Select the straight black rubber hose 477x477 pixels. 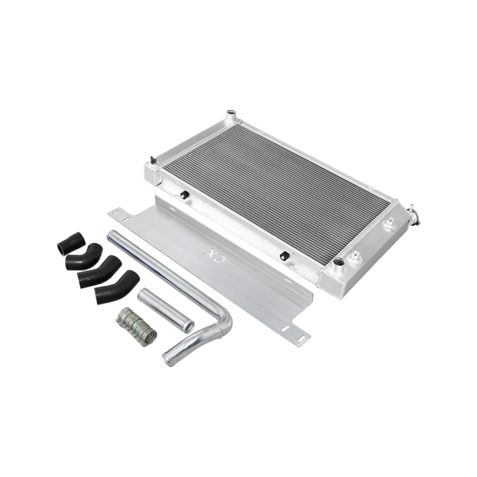(70, 243)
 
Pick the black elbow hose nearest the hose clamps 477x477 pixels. (117, 286)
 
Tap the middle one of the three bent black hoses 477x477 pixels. (99, 271)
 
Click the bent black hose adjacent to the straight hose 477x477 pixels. (84, 256)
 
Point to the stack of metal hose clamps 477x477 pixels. (136, 327)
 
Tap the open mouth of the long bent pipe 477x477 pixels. (168, 359)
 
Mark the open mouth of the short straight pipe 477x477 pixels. (189, 326)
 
